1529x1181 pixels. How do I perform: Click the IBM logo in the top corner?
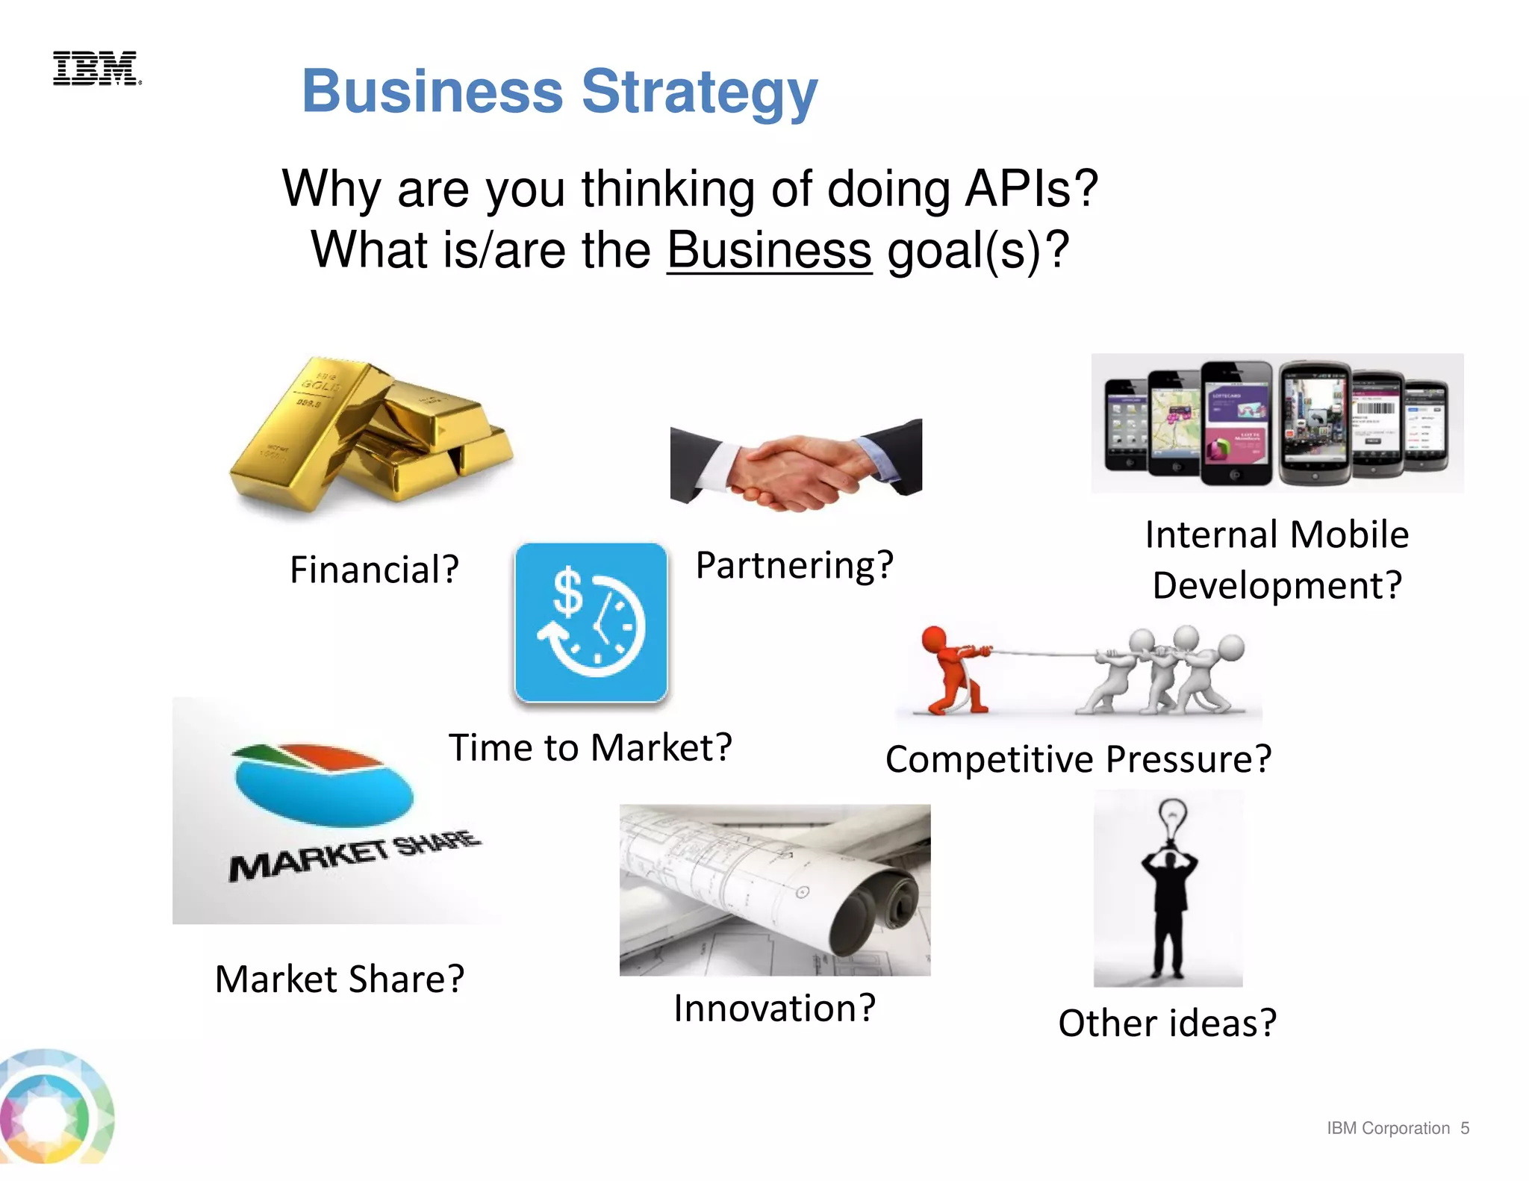click(x=96, y=69)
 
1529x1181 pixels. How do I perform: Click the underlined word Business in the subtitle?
click(x=769, y=250)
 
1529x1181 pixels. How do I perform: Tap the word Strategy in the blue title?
click(x=700, y=93)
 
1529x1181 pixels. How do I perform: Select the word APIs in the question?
click(x=1031, y=189)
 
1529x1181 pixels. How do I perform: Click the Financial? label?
click(x=374, y=570)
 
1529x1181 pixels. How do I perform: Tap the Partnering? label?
click(x=794, y=565)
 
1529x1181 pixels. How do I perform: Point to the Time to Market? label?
click(x=590, y=747)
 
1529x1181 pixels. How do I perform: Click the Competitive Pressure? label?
click(x=1078, y=759)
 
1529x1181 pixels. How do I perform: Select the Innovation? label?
click(x=774, y=1009)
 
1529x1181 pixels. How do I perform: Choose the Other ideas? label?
click(x=1167, y=1023)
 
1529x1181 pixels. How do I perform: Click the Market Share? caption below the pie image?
click(x=340, y=979)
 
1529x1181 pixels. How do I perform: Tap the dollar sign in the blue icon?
click(x=567, y=592)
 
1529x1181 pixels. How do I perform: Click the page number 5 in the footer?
click(x=1465, y=1128)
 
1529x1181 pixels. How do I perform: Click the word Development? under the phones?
click(x=1277, y=585)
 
